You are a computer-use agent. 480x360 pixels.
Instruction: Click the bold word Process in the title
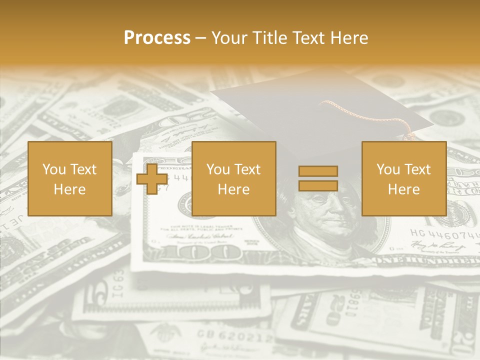tap(157, 38)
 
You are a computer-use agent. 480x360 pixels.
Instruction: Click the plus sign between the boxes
tap(152, 179)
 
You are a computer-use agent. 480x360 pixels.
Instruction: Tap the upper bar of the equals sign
tap(318, 171)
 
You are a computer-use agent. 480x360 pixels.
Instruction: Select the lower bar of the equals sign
tap(318, 185)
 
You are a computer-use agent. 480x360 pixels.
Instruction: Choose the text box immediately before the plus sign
tap(70, 179)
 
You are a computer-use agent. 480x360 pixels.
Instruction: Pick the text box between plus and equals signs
tap(234, 179)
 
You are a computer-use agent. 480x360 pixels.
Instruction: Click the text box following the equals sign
tap(404, 179)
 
